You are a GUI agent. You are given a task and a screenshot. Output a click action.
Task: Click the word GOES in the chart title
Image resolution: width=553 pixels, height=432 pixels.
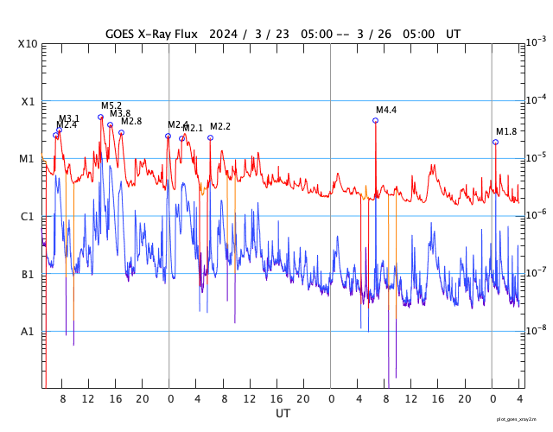coord(123,34)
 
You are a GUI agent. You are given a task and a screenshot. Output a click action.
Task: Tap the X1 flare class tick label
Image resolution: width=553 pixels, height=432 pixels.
coord(28,101)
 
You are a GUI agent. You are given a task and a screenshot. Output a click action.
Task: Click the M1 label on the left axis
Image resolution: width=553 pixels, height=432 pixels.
coord(28,159)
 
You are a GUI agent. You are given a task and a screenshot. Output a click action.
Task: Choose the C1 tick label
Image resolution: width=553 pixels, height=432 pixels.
coord(28,216)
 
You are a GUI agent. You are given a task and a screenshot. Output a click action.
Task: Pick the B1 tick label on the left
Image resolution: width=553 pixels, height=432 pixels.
coord(28,274)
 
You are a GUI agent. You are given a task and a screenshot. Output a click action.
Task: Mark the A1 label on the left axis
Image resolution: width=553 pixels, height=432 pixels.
coord(28,332)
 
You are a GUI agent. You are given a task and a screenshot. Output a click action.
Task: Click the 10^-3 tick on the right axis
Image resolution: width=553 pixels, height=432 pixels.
coord(537,41)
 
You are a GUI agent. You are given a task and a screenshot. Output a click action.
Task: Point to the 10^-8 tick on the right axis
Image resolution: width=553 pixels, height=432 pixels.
coord(537,330)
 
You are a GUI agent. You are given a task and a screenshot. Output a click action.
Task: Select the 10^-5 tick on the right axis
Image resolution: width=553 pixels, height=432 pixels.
coord(537,156)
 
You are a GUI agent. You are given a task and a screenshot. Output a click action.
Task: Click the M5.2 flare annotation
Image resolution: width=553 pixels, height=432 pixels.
coord(111,105)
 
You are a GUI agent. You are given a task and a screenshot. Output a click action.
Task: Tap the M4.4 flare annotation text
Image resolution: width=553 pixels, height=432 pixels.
coord(386,110)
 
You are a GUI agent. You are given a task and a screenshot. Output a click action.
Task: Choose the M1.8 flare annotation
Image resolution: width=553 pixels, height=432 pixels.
coord(506,131)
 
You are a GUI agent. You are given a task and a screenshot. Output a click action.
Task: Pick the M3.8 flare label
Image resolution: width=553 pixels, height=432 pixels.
coord(120,113)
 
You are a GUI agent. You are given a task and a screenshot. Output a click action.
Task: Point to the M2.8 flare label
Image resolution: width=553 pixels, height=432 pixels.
coord(131,121)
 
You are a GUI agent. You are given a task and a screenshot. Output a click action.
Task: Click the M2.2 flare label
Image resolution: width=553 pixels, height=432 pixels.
coord(220,126)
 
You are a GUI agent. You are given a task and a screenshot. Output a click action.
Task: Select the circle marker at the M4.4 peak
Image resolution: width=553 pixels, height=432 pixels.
coord(375,120)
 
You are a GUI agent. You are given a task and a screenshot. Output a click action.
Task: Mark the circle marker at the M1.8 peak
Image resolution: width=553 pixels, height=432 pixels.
coord(495,142)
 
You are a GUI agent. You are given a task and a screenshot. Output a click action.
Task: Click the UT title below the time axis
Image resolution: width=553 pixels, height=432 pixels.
coord(283,413)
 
